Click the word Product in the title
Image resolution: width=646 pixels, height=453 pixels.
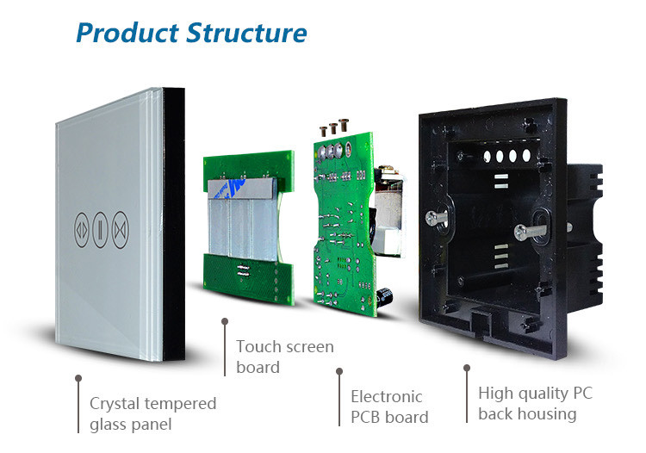(x=128, y=33)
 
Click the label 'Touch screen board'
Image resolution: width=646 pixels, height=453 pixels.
(x=284, y=357)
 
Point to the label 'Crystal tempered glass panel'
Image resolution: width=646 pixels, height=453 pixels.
(x=152, y=413)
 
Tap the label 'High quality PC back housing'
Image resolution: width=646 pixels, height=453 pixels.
(x=535, y=403)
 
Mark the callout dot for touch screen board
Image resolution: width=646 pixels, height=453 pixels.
(x=225, y=321)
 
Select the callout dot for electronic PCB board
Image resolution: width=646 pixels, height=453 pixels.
(x=339, y=371)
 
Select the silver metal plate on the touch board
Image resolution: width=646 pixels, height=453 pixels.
(x=240, y=220)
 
